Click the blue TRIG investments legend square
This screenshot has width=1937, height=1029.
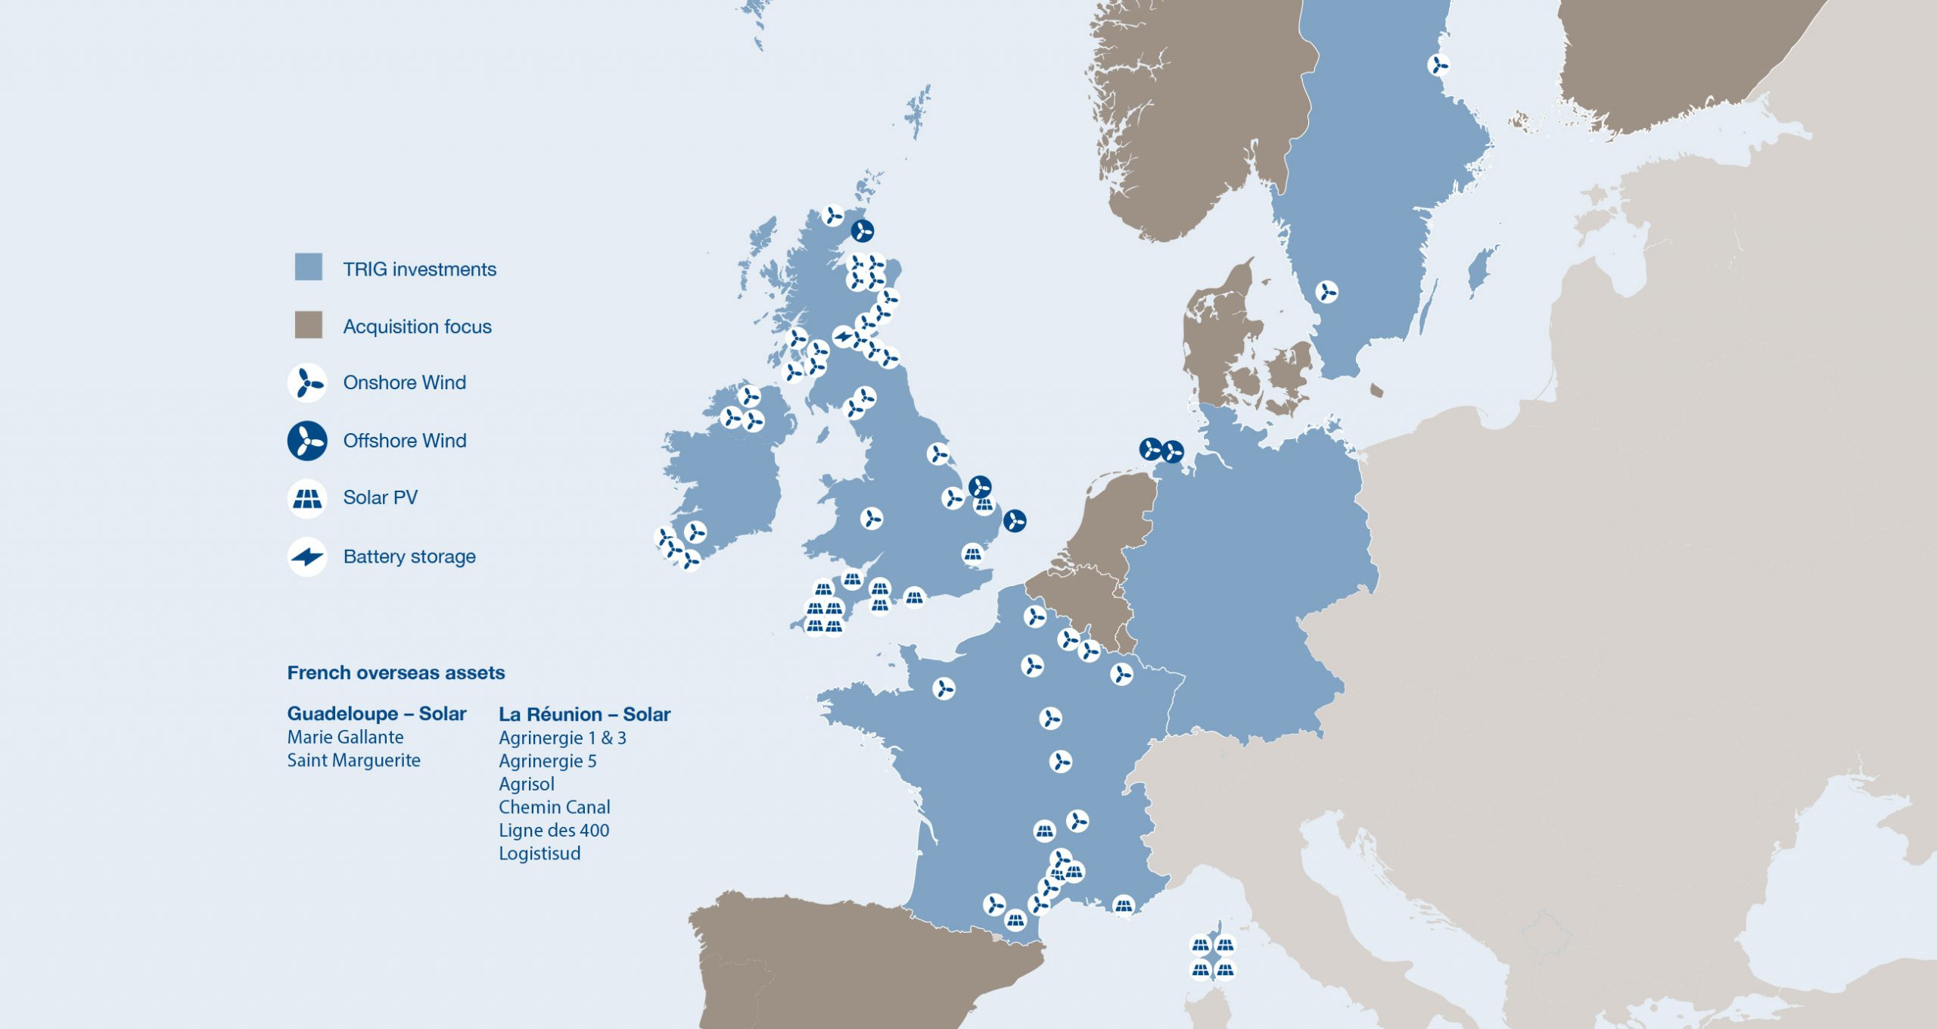coord(308,267)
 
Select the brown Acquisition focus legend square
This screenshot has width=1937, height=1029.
coord(308,325)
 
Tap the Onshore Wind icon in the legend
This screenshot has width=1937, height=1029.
coord(306,382)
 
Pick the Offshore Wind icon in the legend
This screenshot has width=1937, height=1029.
coord(306,441)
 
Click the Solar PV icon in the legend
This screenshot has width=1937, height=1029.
coord(306,498)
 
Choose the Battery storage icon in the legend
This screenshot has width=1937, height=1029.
coord(306,557)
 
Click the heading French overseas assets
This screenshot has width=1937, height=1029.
coord(396,672)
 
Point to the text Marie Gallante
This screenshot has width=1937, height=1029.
coord(345,737)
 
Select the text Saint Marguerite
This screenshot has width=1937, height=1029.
coord(353,760)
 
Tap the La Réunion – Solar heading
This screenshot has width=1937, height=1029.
coord(584,714)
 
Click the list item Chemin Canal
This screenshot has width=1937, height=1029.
coord(554,807)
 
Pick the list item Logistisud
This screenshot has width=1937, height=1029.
coord(539,853)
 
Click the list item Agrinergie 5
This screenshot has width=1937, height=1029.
coord(547,761)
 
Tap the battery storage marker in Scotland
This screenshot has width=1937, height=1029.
coord(843,337)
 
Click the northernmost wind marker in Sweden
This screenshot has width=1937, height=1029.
coord(1438,65)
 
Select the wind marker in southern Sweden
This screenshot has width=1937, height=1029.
coord(1326,292)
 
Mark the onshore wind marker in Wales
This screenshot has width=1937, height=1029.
coord(872,519)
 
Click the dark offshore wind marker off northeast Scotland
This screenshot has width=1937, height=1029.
coord(862,230)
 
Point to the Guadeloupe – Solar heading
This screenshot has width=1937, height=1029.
coord(377,713)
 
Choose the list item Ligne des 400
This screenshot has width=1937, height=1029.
coord(554,831)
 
